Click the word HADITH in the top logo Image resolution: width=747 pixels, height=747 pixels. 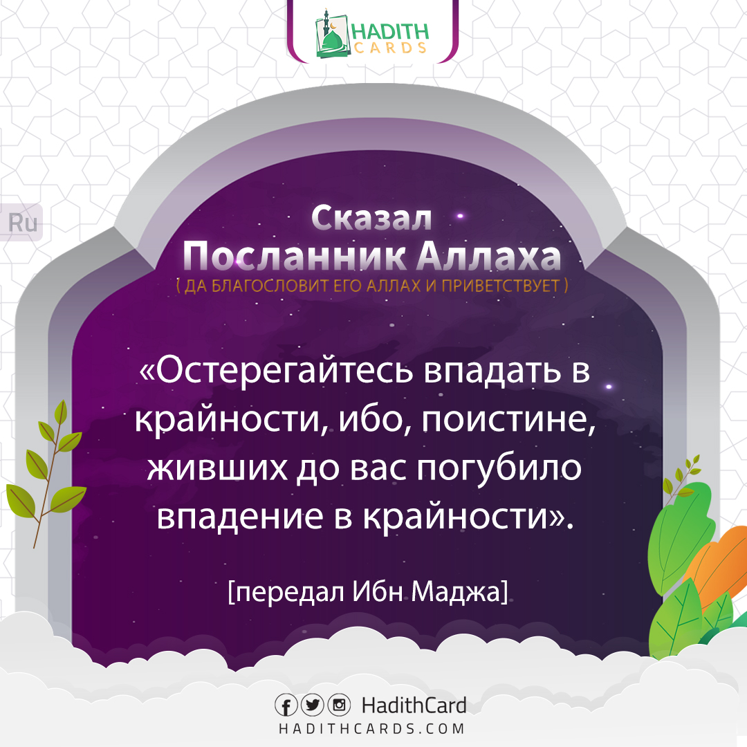coord(390,31)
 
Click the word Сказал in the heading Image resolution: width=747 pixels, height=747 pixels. coord(371,219)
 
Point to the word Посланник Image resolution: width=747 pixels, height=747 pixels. coord(295,257)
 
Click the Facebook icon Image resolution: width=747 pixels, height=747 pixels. coord(286,706)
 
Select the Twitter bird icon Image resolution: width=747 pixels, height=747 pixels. coord(312,706)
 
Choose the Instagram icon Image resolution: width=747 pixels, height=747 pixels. coord(338,706)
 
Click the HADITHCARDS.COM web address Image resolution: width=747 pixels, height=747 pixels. coord(371,728)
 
